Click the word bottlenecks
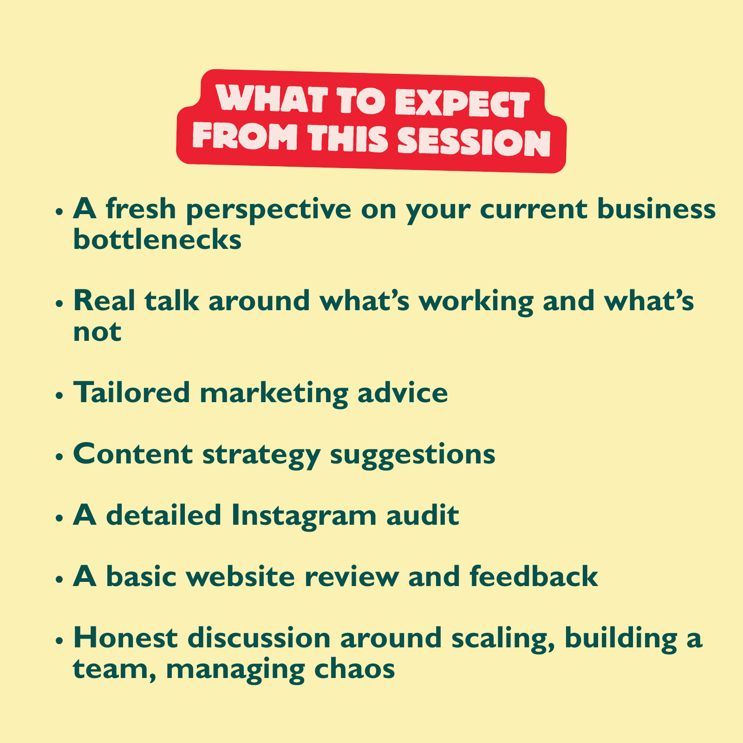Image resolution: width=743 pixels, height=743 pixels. [157, 240]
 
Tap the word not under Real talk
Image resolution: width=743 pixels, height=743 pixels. [98, 332]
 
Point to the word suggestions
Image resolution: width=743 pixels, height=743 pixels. [413, 456]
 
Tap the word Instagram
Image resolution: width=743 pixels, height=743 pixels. [304, 517]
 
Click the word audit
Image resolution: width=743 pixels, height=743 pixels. [423, 515]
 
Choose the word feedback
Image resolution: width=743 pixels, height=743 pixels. [534, 576]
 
